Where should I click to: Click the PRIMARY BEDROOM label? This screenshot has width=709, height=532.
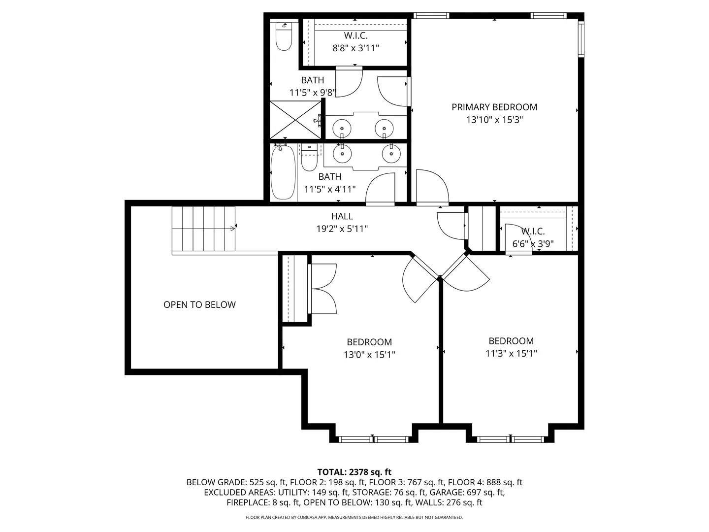point(494,107)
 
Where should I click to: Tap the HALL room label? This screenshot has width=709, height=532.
point(342,216)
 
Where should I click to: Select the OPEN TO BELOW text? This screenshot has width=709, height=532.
point(199,304)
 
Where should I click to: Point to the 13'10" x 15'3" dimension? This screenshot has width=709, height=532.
point(494,120)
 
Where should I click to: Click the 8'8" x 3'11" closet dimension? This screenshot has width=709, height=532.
point(355,48)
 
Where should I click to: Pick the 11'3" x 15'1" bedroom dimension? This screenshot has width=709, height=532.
point(511,353)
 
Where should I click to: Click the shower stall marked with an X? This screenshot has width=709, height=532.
point(295,120)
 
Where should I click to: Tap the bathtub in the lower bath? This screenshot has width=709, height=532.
point(283,172)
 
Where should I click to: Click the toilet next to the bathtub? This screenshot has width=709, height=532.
point(309,157)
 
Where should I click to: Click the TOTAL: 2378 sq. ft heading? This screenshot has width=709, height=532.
point(354,472)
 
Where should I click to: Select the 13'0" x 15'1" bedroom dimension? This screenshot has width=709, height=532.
point(369,355)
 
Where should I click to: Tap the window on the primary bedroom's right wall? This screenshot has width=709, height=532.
point(581,39)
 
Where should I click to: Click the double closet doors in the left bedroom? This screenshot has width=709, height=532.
point(322,289)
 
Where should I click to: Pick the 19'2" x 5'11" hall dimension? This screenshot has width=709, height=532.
point(342,229)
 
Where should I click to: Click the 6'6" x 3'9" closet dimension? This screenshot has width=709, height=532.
point(533,243)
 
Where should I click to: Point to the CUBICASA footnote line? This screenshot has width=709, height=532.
point(354,517)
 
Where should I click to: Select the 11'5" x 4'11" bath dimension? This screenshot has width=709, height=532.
point(330,189)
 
